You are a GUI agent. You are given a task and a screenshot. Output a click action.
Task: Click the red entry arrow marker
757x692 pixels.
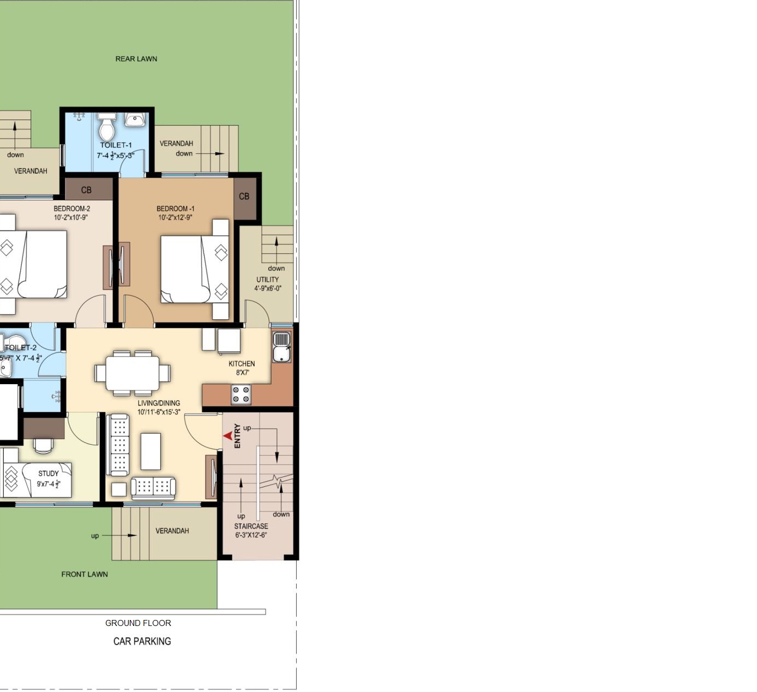[228, 436]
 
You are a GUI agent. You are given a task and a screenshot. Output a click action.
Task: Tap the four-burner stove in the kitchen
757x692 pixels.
[241, 395]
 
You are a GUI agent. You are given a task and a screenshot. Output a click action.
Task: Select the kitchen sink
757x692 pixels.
[281, 347]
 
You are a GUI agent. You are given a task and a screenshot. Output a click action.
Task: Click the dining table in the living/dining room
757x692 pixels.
[133, 374]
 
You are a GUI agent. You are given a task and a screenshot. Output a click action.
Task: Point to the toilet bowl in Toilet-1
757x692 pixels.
[107, 126]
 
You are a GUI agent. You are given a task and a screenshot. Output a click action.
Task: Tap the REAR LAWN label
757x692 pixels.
[136, 59]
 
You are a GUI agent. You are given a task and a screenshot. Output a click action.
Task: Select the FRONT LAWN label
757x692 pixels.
[85, 574]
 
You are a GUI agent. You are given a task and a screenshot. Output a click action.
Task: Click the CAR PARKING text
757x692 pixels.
[142, 641]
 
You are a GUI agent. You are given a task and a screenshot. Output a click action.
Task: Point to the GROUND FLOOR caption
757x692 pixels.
[138, 623]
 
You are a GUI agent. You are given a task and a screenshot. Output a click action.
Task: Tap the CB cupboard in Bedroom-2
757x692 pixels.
[89, 189]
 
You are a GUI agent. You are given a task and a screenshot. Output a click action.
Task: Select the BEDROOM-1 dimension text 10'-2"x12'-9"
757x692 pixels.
[176, 218]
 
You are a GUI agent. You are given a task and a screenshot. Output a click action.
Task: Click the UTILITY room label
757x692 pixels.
[268, 279]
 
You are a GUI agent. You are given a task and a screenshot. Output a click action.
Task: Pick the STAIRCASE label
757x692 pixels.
[251, 526]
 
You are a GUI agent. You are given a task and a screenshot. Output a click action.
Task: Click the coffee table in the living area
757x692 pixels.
[151, 451]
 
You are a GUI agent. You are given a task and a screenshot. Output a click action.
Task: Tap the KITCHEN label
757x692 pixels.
[242, 364]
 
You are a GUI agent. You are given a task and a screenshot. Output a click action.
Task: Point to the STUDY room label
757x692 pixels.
[49, 474]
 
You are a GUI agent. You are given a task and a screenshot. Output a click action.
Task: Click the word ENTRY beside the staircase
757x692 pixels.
[237, 436]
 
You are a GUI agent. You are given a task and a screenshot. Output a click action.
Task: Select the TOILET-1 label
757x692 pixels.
[116, 145]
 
